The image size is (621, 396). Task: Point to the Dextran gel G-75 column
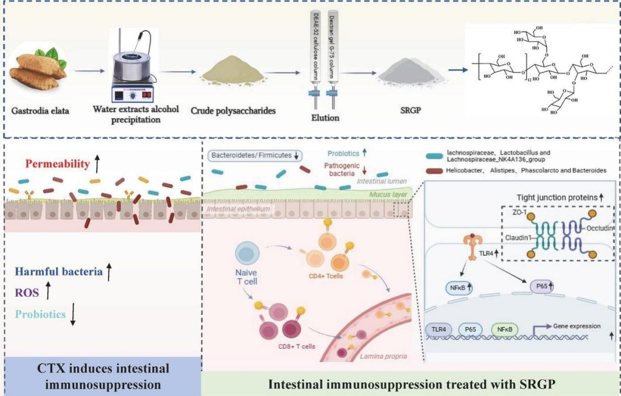[x=333, y=58]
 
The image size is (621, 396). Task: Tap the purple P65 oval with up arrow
[x=539, y=286]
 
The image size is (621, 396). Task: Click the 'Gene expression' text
[x=573, y=326]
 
